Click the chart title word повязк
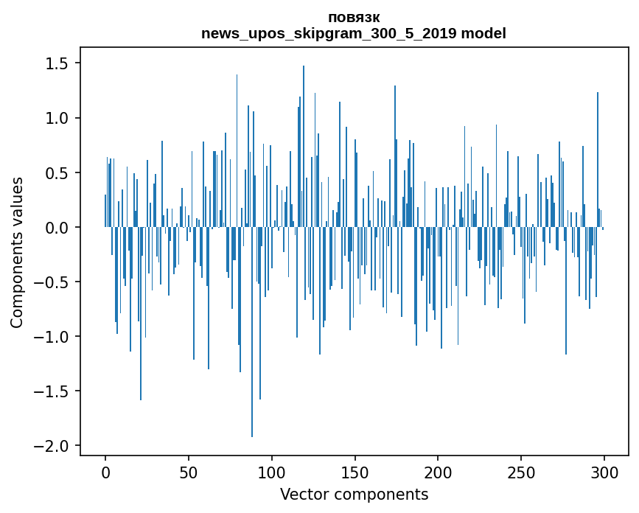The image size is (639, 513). [x=354, y=18]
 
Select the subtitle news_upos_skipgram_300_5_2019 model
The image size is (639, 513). [x=354, y=33]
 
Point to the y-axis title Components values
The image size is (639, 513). [x=17, y=252]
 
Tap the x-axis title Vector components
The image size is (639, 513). [x=354, y=495]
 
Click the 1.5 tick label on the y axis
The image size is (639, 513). [x=56, y=64]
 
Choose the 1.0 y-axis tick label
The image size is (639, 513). [x=56, y=119]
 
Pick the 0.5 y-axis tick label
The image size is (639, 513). [x=56, y=173]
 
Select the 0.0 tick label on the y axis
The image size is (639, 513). [x=56, y=228]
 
